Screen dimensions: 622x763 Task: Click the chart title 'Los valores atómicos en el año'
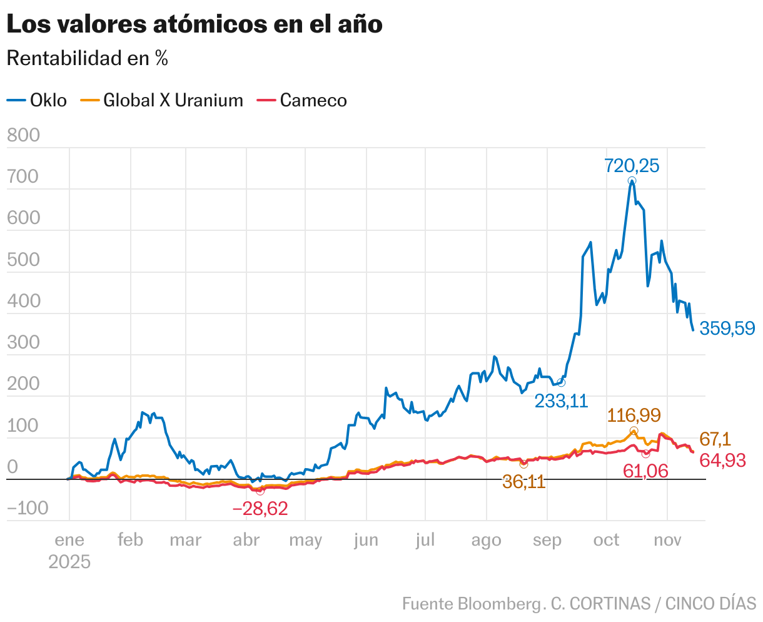(194, 25)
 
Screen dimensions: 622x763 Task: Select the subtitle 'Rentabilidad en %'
(87, 59)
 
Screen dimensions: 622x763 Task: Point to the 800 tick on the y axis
(23, 135)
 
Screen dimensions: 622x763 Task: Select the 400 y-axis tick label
(23, 301)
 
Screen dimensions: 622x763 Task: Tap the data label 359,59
(727, 328)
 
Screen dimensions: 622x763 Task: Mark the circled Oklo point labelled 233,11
(561, 382)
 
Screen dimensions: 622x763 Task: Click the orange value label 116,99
(634, 415)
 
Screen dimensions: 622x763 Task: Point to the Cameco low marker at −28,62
(260, 491)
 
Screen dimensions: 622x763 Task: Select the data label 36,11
(524, 482)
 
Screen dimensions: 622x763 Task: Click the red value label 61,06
(645, 471)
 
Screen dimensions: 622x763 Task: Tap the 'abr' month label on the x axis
(246, 540)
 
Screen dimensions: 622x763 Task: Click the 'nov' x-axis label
(667, 540)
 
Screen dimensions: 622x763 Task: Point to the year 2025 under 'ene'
(69, 561)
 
